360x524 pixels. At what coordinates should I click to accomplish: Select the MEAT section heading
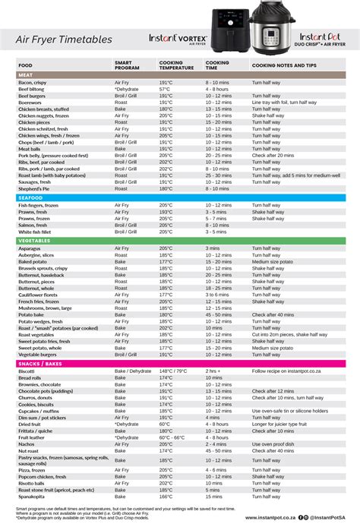25,75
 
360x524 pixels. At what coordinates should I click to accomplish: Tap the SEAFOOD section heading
30,197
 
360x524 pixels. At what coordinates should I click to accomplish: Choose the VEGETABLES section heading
34,241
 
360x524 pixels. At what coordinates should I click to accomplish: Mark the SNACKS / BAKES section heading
39,363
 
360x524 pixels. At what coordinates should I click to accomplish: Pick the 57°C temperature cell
164,89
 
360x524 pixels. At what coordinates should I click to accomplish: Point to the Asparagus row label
30,248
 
